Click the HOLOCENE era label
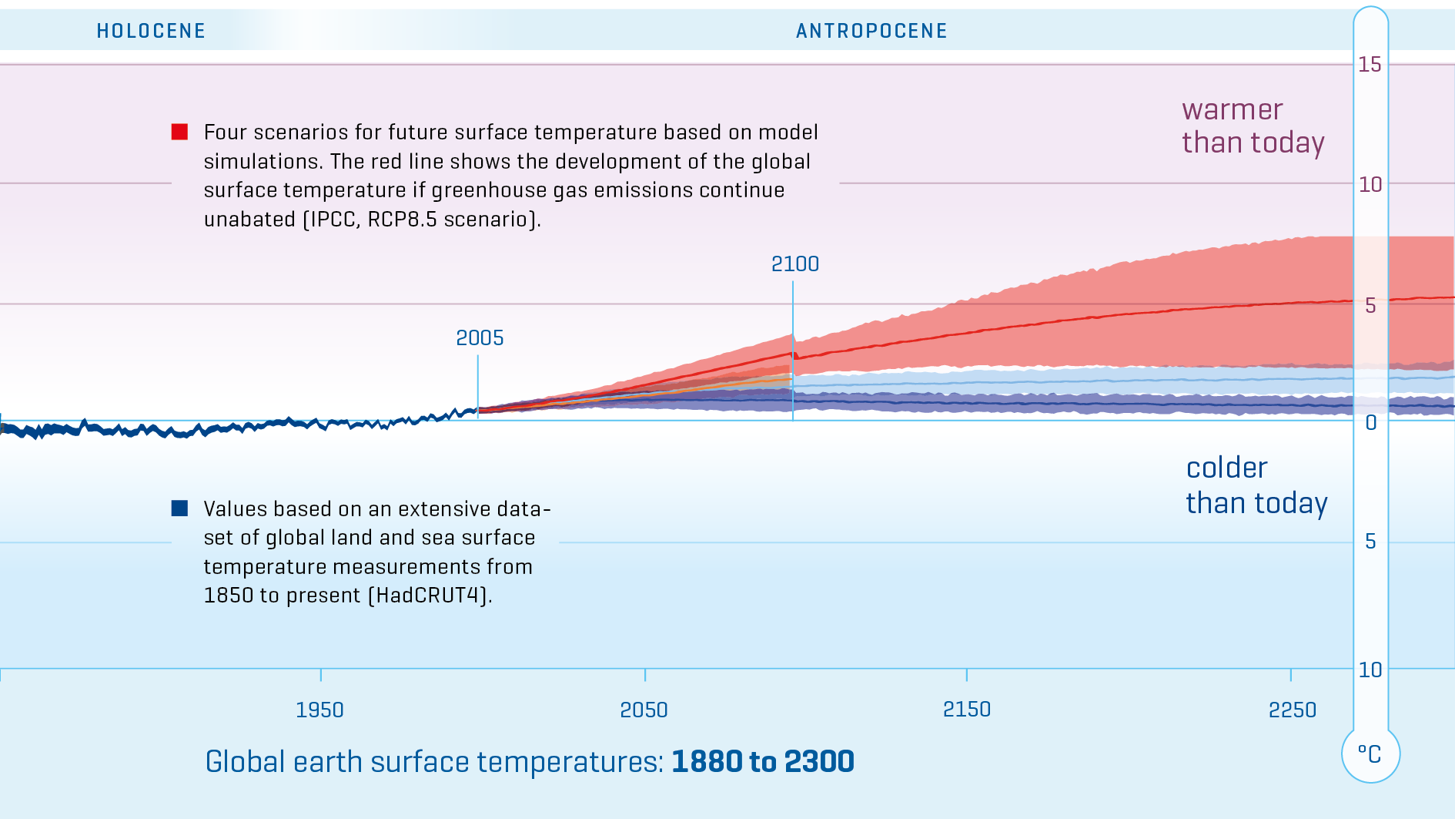[151, 31]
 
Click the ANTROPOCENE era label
[871, 31]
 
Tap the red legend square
[179, 132]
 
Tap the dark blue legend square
[179, 508]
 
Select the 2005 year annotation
[480, 337]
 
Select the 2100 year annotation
[795, 263]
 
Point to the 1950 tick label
[319, 710]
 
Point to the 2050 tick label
[644, 710]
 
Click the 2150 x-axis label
[967, 709]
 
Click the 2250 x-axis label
[1293, 710]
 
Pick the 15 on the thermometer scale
[1370, 64]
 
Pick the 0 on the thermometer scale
[1371, 422]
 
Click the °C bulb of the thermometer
[1370, 754]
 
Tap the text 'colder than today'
[1256, 485]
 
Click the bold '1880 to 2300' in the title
[762, 761]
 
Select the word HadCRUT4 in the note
[432, 595]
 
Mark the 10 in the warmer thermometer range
[1370, 184]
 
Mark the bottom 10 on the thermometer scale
[1370, 670]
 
